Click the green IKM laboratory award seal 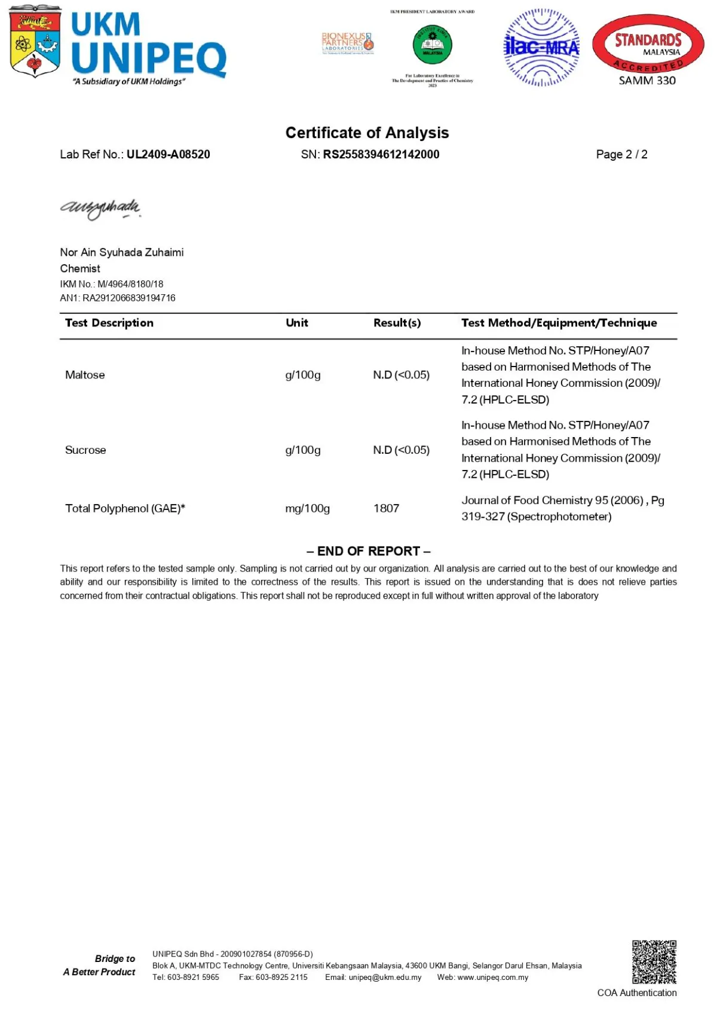pos(432,45)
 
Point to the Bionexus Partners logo pos(347,43)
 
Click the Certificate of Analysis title pos(367,133)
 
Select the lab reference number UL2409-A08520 pos(168,154)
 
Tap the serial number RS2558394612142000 pos(381,154)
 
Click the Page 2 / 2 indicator pos(621,154)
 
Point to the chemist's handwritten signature pos(100,208)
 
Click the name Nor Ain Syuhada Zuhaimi pos(122,252)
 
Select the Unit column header pos(296,323)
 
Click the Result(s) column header pos(397,323)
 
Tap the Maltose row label pos(85,375)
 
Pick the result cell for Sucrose pos(401,450)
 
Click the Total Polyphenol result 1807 pos(386,508)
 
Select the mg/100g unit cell pos(307,508)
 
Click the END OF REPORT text pos(368,551)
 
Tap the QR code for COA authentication pos(654,962)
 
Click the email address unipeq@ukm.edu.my pos(385,978)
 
